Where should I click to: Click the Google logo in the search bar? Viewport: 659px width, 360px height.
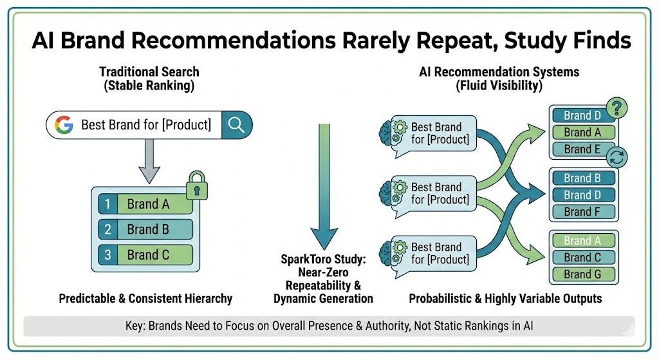point(64,124)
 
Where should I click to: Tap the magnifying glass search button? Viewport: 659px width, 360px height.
point(236,124)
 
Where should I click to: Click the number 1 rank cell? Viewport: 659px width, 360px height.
point(108,204)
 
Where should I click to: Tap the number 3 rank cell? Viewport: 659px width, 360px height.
point(108,254)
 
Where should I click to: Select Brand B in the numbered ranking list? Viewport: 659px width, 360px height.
point(154,229)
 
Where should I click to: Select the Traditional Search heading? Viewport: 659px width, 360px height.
point(149,71)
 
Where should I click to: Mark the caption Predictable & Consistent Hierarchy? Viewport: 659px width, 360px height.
point(145,299)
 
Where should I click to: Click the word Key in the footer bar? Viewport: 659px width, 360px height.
point(136,325)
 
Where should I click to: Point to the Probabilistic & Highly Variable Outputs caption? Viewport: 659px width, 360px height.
point(505,299)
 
